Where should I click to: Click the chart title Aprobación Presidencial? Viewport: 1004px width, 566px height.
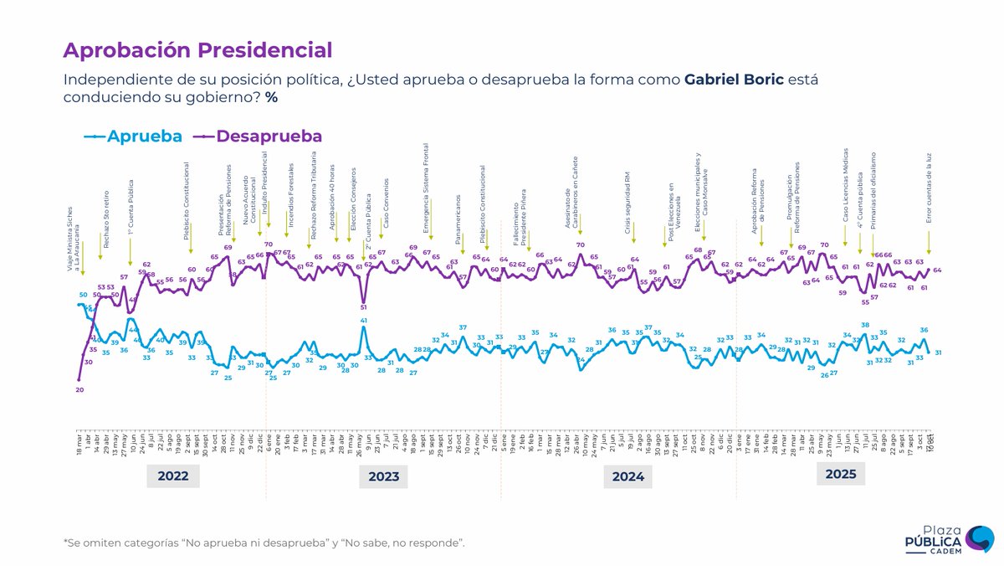coord(197,50)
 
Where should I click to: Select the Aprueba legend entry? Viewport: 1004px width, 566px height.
coord(134,136)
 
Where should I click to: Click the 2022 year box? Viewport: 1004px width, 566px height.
coord(172,476)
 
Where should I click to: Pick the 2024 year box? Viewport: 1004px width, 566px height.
coord(627,476)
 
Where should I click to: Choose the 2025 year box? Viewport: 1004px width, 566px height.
coord(841,473)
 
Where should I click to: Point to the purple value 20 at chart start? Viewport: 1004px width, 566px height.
coord(79,389)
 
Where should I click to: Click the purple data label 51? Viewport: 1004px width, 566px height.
coord(363,307)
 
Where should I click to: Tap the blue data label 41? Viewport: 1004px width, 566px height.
coord(364,321)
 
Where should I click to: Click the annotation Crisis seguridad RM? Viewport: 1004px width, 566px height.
coord(628,194)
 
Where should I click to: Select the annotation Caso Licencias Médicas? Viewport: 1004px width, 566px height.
coord(846,186)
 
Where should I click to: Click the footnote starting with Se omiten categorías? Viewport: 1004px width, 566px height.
coord(264,543)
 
